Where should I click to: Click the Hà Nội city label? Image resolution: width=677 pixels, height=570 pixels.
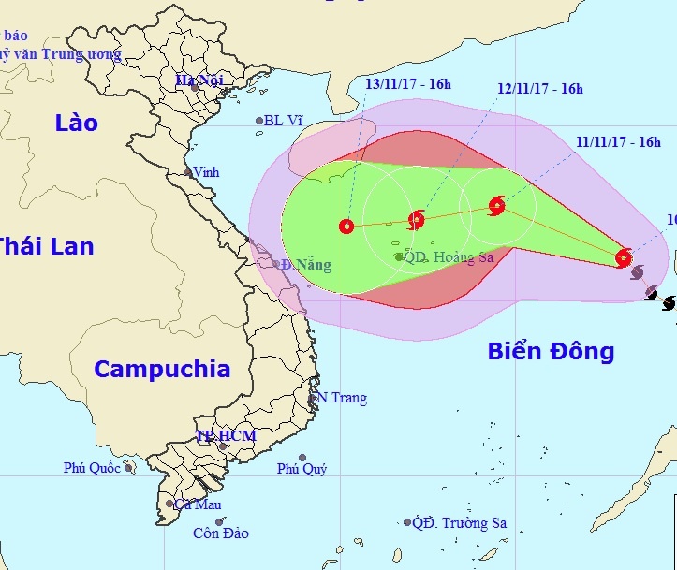tap(199, 80)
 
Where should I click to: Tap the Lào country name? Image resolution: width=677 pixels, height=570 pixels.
tap(76, 123)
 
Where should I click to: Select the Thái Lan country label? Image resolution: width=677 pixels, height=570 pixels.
tap(46, 246)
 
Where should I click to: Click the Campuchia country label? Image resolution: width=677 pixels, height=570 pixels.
tap(162, 369)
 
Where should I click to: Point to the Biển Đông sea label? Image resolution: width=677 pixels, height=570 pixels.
tap(551, 351)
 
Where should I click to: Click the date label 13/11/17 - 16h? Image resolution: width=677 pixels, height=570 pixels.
tap(407, 85)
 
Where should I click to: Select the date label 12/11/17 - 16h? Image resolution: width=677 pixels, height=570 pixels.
tap(539, 89)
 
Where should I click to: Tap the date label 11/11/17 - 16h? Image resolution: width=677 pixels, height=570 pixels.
tap(618, 142)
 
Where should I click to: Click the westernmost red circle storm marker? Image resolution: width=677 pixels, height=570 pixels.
tap(346, 226)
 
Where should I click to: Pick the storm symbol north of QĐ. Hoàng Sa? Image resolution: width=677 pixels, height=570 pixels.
tap(417, 220)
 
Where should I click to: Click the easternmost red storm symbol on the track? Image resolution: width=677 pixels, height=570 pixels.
tap(625, 257)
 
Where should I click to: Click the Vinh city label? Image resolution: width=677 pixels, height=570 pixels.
tap(207, 172)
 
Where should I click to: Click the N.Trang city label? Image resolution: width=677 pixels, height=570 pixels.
tap(341, 398)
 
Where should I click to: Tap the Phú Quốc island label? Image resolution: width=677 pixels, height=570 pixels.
tap(93, 467)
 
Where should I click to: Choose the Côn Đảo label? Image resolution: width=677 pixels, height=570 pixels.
tap(220, 533)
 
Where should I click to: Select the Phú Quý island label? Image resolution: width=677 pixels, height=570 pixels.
tap(301, 469)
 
